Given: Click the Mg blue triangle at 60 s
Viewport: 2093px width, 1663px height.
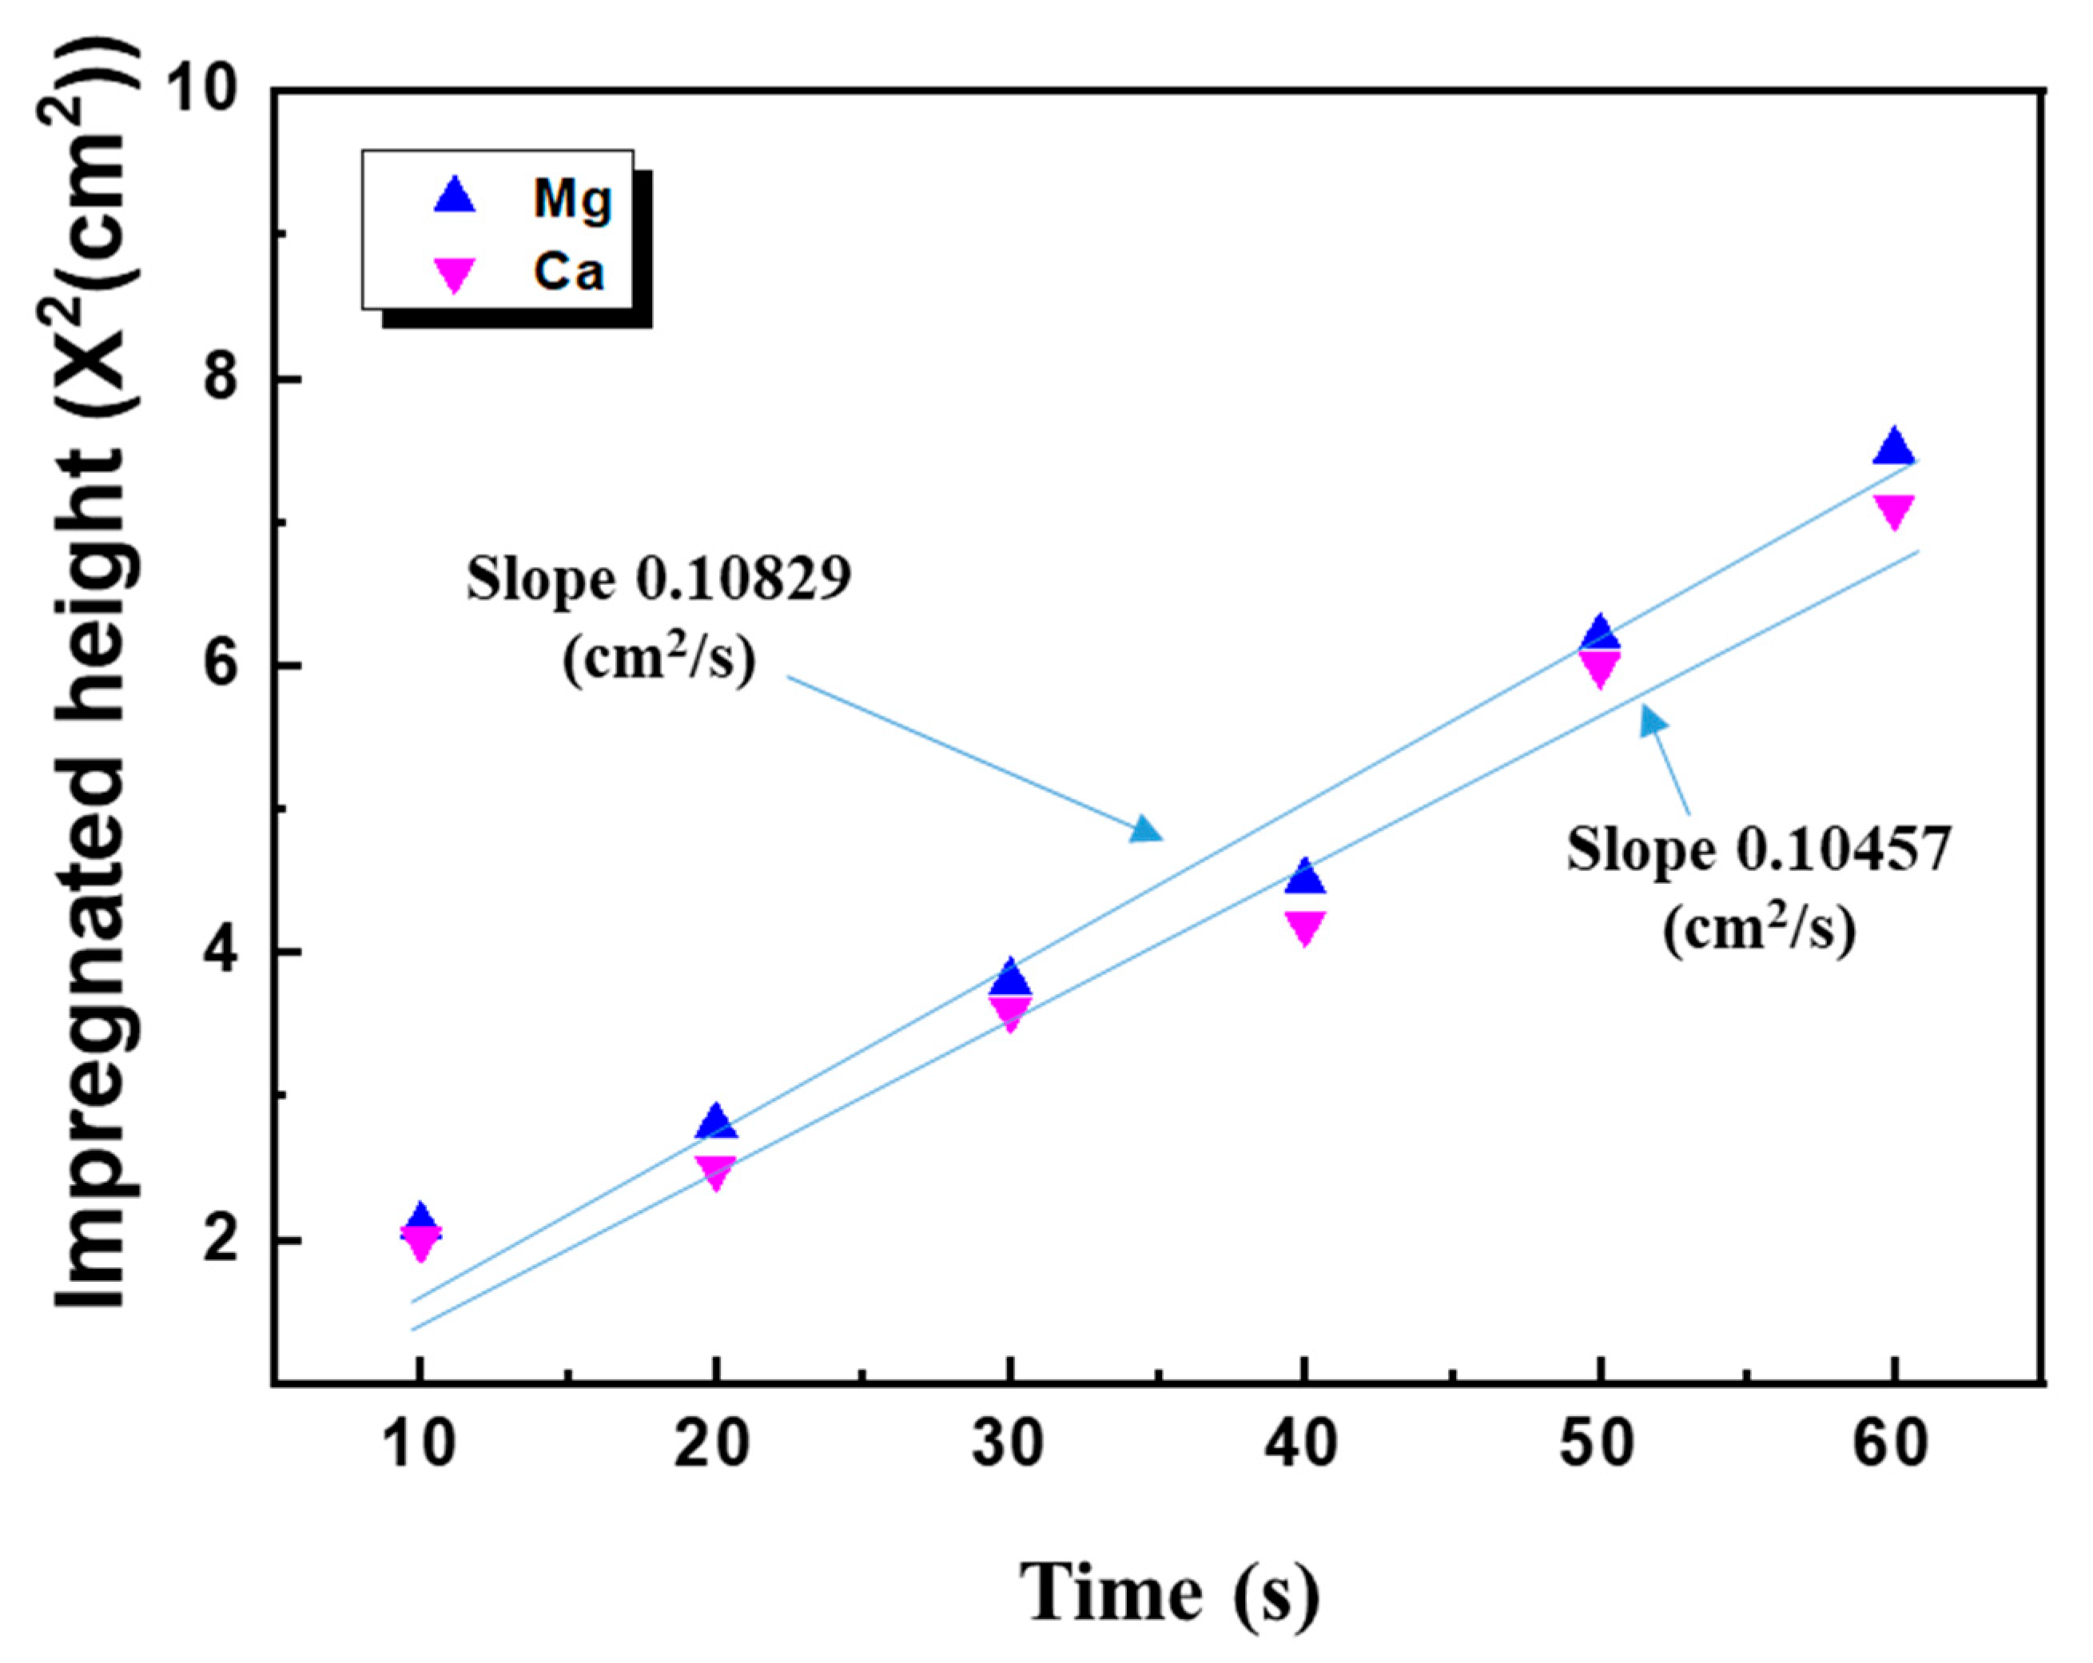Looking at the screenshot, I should (x=1893, y=448).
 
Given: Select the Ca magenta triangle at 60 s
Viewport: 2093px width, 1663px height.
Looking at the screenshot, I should (x=1893, y=511).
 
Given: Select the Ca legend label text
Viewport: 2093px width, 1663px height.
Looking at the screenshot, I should (x=569, y=273).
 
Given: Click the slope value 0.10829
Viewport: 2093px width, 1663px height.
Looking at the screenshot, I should (x=742, y=580).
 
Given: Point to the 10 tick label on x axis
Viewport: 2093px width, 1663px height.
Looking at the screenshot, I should (x=420, y=1445).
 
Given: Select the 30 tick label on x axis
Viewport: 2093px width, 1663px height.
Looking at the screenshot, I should (x=1009, y=1445).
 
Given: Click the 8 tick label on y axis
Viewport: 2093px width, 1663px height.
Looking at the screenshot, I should (x=222, y=379).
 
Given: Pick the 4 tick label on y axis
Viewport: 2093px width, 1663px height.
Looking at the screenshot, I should (x=222, y=953).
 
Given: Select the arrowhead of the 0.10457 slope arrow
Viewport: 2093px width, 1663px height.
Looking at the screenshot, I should (x=1653, y=720).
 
